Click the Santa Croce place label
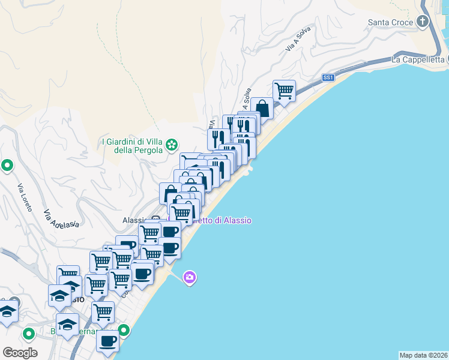click(391, 23)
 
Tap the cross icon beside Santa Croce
click(423, 22)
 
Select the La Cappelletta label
click(417, 59)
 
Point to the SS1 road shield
click(328, 77)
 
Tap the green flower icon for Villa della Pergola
click(172, 144)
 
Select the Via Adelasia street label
click(61, 219)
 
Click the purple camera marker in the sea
click(190, 277)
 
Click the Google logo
click(20, 353)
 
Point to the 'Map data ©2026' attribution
click(423, 355)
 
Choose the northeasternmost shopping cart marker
click(284, 91)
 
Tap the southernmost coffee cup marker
click(107, 341)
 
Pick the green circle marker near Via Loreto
click(7, 164)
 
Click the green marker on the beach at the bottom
click(124, 330)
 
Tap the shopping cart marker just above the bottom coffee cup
click(103, 312)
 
